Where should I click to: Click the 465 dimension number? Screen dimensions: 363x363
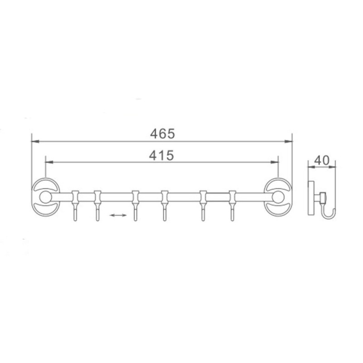162,133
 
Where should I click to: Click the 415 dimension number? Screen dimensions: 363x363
162,155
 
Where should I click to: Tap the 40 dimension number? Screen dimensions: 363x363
322,160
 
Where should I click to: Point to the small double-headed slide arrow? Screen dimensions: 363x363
118,215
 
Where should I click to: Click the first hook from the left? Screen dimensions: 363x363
75,206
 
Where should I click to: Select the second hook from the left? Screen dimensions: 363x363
98,206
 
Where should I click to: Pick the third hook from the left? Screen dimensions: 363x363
135,206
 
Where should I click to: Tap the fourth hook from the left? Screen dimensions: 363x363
165,206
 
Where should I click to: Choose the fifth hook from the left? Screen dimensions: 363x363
203,206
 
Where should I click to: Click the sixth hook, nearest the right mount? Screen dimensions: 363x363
232,206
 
